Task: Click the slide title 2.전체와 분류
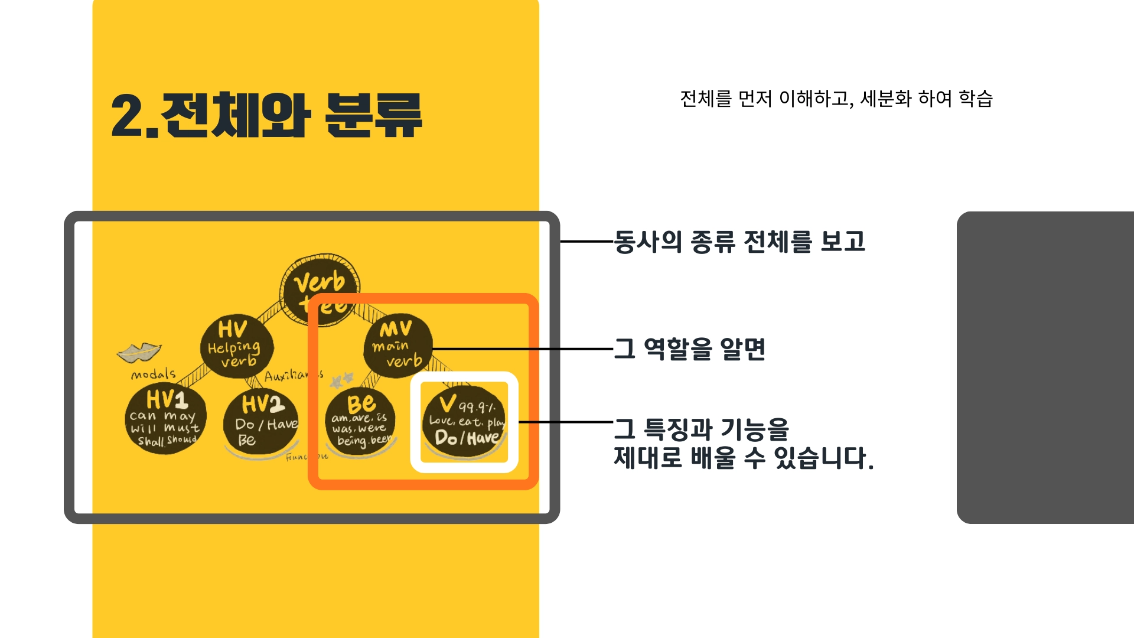(266, 116)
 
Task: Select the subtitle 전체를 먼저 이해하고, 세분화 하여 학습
(836, 99)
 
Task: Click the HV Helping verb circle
(236, 346)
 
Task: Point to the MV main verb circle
(397, 346)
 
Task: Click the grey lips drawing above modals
(139, 352)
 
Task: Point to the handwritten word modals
(153, 375)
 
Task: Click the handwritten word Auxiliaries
(293, 376)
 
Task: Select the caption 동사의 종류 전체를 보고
(739, 242)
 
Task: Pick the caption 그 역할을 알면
(690, 349)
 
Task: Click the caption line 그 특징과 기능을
(702, 429)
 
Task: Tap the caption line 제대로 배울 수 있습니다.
(743, 458)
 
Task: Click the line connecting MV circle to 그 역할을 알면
(523, 349)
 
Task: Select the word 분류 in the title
(373, 116)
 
